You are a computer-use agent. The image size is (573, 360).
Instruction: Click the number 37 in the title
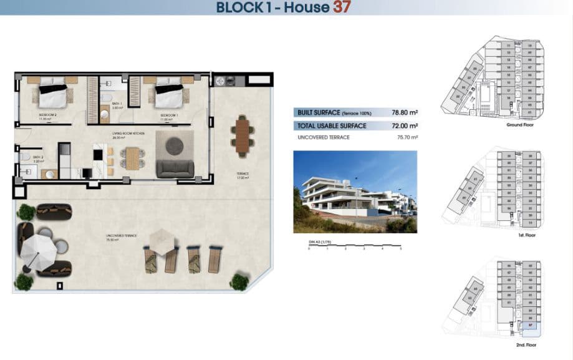click(342, 7)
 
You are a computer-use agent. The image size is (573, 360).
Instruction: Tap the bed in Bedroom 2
click(53, 95)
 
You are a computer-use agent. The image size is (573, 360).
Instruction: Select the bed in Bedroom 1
click(168, 95)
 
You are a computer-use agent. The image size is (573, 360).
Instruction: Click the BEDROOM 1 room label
click(169, 116)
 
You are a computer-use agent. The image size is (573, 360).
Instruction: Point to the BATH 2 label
click(37, 158)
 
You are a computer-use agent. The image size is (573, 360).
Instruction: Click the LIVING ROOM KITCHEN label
click(128, 134)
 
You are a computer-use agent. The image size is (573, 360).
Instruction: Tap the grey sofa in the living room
click(175, 168)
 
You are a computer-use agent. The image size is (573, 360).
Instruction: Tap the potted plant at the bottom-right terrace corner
click(239, 281)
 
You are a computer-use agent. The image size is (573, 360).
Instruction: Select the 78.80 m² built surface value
click(404, 113)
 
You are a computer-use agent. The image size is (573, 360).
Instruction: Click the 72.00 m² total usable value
click(404, 125)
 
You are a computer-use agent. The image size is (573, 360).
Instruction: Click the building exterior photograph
click(355, 191)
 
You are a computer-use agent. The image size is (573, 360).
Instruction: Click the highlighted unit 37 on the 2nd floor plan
click(530, 325)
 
